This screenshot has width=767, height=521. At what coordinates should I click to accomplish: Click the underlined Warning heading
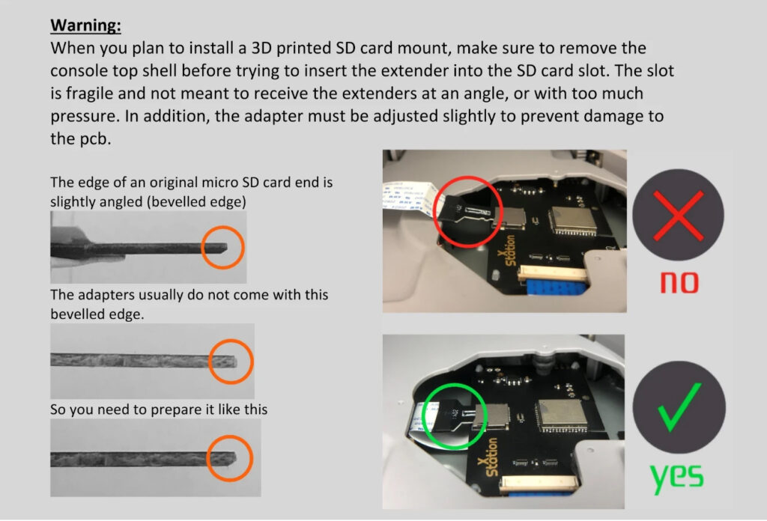(x=85, y=25)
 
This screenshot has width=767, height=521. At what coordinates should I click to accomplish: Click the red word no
(x=679, y=281)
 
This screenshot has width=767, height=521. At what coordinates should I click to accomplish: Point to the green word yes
(x=676, y=477)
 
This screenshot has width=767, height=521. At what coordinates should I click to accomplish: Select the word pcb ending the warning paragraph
(x=94, y=140)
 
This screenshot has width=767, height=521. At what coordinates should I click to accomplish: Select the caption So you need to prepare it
(x=158, y=409)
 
